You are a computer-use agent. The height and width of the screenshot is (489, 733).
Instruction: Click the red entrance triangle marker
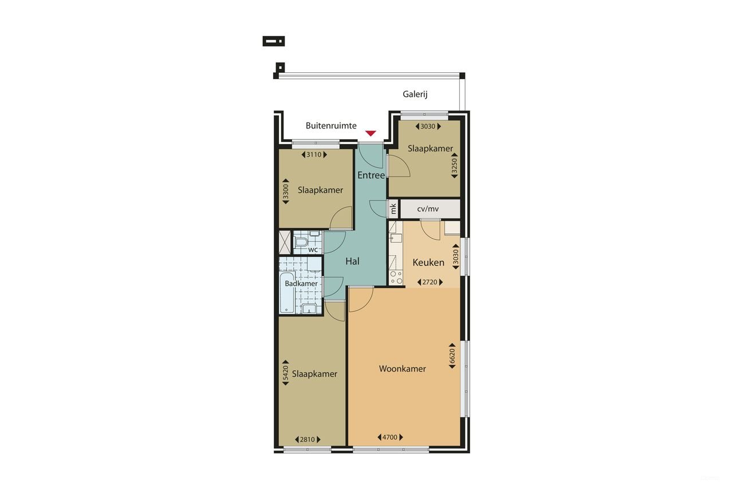pos(371,134)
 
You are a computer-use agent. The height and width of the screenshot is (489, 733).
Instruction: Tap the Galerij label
pos(415,95)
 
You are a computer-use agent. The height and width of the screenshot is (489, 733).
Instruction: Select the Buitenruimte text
pos(331,126)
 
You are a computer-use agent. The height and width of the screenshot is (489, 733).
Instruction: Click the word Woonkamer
pos(403,369)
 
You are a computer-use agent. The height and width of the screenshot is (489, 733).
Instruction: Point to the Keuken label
pos(428,263)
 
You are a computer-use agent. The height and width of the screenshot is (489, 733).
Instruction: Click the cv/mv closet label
pos(428,209)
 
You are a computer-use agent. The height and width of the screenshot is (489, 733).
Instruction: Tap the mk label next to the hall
pos(393,209)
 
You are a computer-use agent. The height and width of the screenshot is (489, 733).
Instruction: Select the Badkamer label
pos(301,284)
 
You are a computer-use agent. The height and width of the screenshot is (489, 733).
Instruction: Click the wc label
pos(313,250)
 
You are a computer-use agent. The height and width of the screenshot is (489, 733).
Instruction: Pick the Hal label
pos(352,261)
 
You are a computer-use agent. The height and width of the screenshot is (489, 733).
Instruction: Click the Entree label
pos(371,175)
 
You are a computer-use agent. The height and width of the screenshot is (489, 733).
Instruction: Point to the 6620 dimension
pos(452,357)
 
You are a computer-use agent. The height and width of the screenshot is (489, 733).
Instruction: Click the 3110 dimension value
pos(313,154)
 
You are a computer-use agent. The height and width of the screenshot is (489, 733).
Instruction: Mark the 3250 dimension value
pos(455,168)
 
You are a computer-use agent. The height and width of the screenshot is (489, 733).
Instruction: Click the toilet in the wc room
pos(301,243)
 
